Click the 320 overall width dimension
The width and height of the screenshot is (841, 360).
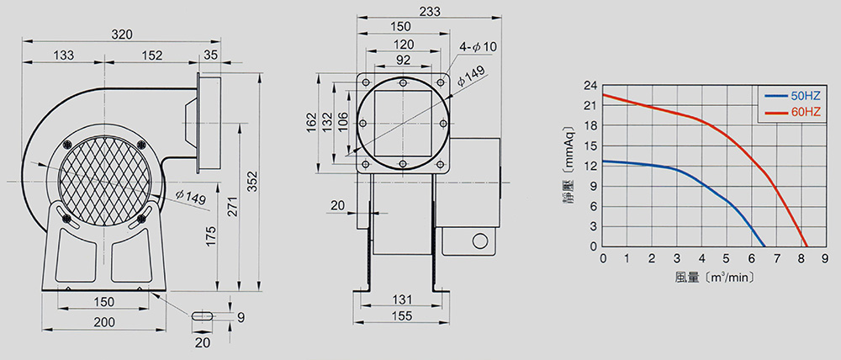tap(122, 34)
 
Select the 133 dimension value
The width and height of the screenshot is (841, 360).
tap(64, 56)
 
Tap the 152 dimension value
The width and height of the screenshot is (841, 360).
tap(152, 56)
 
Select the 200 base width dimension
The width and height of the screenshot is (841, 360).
tap(104, 322)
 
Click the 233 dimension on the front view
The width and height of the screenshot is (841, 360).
tap(430, 11)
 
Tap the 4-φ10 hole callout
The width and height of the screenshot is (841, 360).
tap(478, 47)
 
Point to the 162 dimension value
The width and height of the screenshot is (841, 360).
tap(309, 123)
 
